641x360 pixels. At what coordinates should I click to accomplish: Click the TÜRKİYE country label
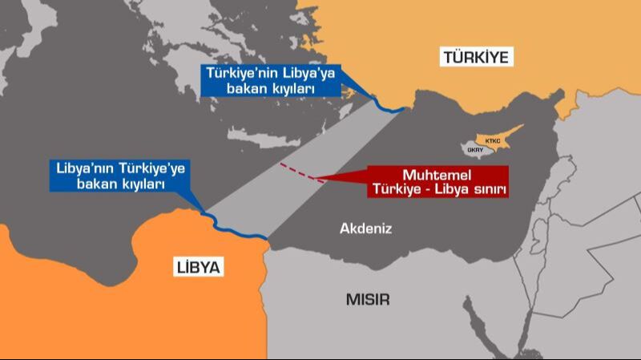(x=476, y=57)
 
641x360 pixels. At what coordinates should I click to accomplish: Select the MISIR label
(x=368, y=300)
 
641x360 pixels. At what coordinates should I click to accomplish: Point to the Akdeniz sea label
(x=365, y=229)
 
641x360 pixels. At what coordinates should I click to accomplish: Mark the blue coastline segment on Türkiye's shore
(x=391, y=107)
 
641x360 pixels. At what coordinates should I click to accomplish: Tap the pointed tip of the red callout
(x=316, y=177)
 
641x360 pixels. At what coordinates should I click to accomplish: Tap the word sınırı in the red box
(x=490, y=189)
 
